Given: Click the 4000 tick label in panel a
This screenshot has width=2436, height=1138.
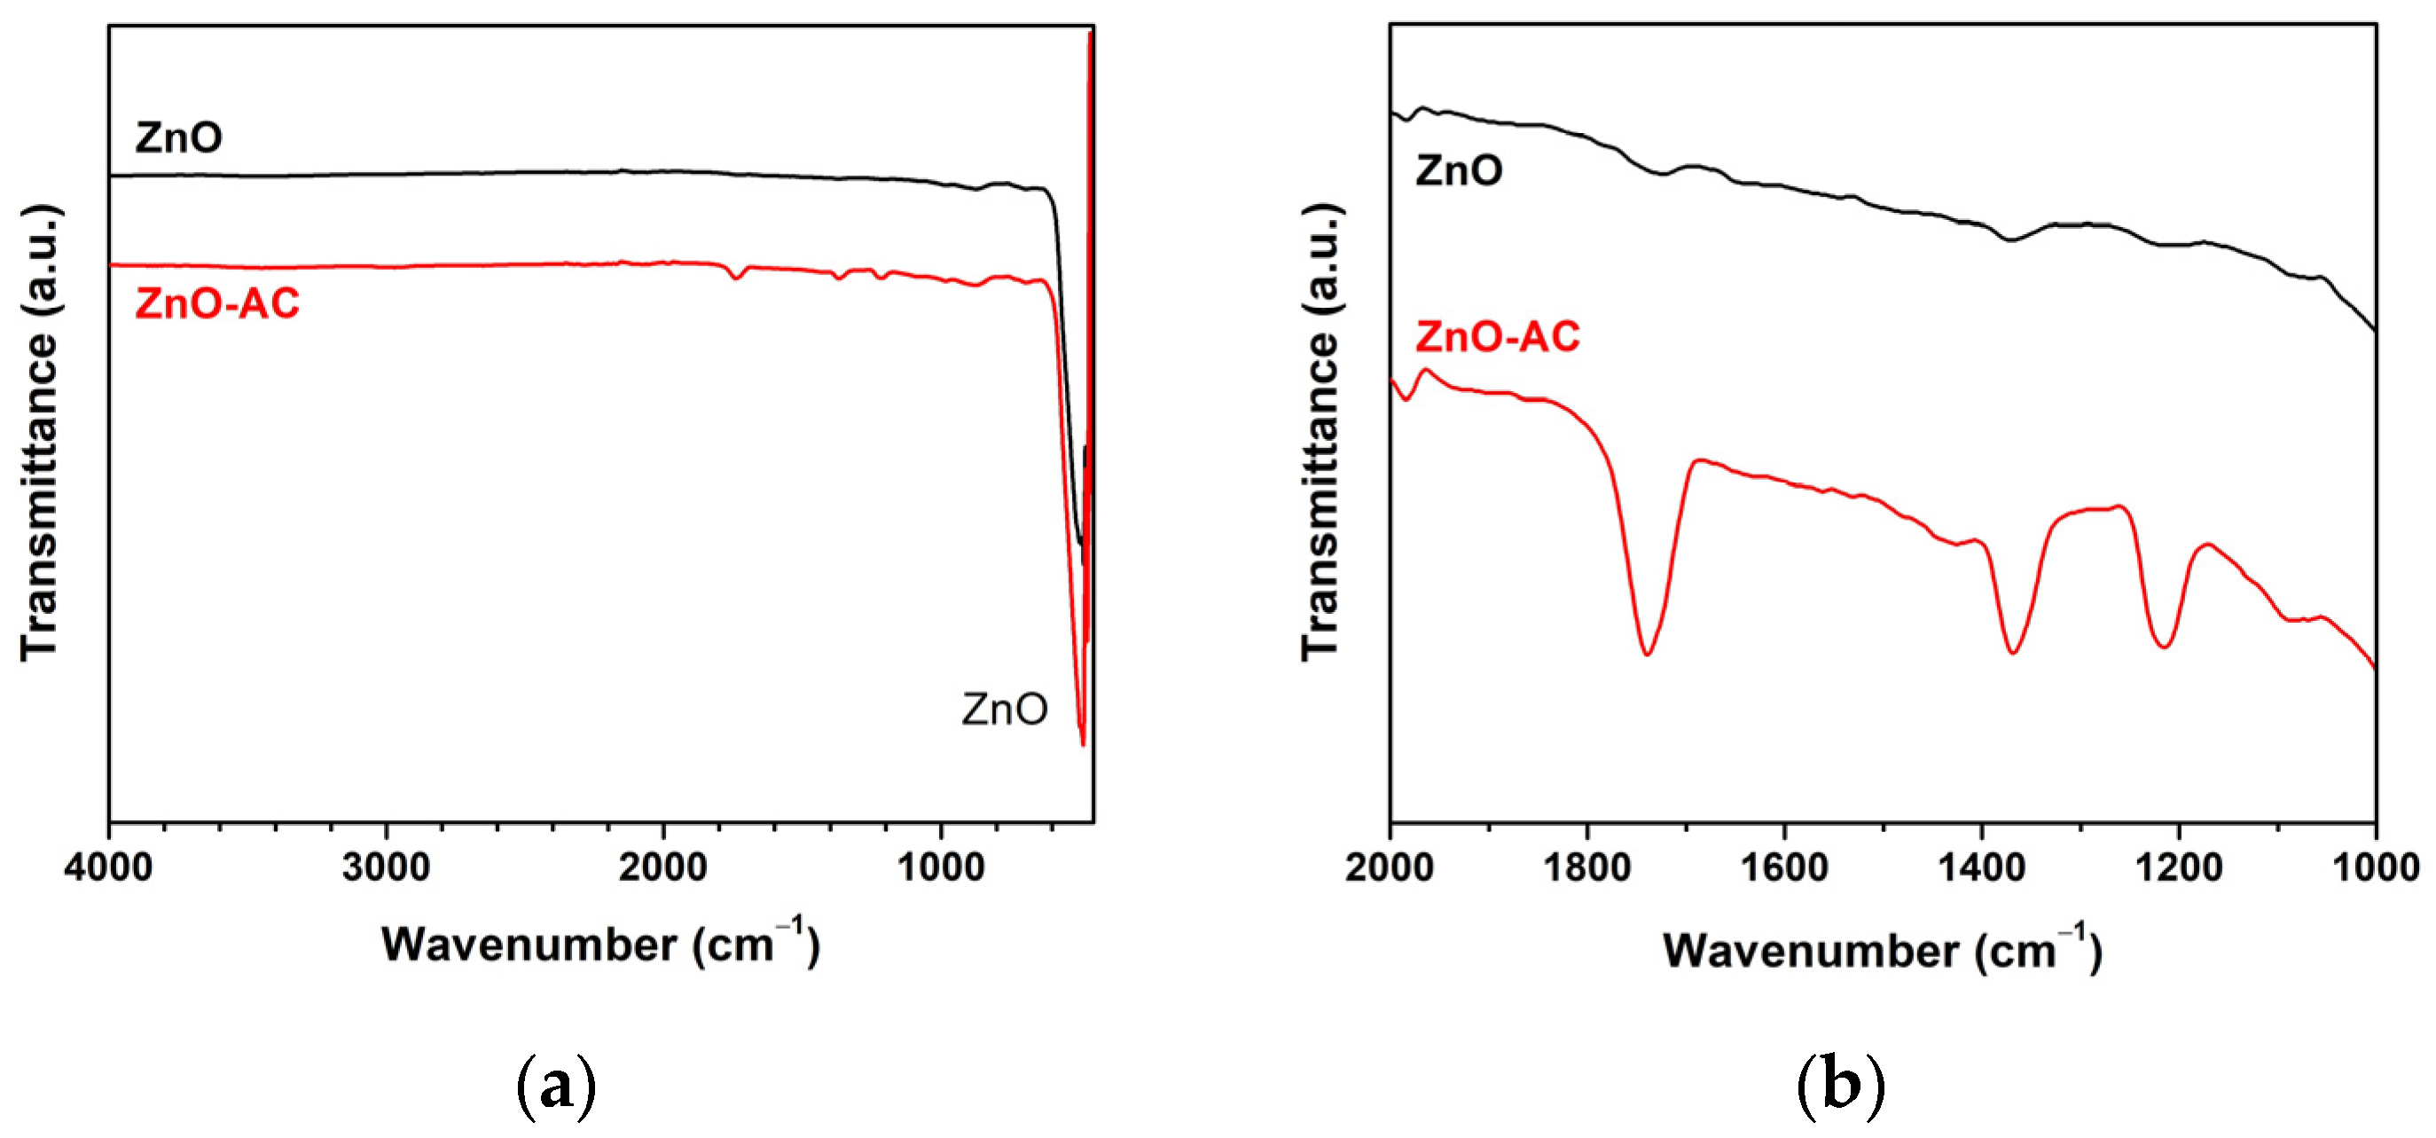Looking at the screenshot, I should coord(109,866).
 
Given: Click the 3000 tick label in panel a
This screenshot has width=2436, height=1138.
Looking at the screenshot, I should coord(386,866).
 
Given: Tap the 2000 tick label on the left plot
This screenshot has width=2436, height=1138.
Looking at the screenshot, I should coord(663,866).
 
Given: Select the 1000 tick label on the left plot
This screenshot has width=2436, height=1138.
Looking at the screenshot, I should coord(940,866).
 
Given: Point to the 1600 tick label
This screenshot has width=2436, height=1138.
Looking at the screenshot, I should coord(1784,866).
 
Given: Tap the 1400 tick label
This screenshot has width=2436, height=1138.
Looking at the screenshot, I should coord(1982,866).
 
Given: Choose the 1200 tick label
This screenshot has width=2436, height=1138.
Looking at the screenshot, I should coord(2180,866).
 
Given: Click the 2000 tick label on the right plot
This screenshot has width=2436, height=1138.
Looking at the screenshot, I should coord(1390,866).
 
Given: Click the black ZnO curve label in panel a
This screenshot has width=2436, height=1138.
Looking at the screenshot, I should coord(179,138).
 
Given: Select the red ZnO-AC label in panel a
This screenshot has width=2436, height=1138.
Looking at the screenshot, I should coord(216,303).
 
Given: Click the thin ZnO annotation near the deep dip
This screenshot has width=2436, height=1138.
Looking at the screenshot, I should coord(1004,709).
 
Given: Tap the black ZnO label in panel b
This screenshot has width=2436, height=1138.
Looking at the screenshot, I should coord(1458,171).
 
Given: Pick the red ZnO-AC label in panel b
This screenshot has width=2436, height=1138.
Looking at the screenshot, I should coord(1497,337).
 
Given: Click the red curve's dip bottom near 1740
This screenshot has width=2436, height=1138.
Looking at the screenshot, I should coord(1648,654).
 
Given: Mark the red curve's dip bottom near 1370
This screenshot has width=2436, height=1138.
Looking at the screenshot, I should coord(2013,653).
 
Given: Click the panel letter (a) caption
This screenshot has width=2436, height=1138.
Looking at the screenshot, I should coord(557,1087).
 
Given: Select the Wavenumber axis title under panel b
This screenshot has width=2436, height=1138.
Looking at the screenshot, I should coord(1882,951).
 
